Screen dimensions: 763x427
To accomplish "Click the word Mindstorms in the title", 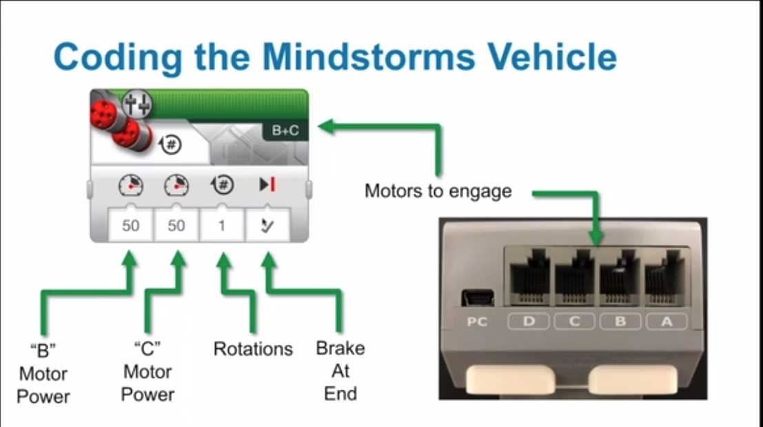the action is pos(369,57).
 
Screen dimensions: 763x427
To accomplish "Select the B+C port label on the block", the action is pos(285,130).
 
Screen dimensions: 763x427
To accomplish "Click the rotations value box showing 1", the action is pos(222,226).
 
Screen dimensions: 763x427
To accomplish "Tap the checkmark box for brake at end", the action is pos(267,226).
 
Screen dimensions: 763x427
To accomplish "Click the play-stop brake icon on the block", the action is pos(267,185).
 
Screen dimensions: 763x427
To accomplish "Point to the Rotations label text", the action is pos(253,349).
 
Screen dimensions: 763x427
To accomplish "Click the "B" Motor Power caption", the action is pos(43,373).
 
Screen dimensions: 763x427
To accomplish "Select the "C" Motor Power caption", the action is pos(147,372).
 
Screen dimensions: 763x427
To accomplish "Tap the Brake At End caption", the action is pos(340,371).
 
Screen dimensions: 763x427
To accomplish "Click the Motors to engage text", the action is pos(438,191).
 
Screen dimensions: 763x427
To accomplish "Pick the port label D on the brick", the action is pos(529,321).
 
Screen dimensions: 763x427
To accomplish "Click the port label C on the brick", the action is pos(574,321).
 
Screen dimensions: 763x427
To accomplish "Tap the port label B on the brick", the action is pos(620,321).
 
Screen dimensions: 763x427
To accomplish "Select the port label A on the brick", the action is pos(667,321).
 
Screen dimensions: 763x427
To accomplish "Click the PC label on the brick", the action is pos(477,322).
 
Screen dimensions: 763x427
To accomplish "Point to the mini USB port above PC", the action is pos(478,297).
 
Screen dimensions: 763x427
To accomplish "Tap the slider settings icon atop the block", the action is pos(136,104).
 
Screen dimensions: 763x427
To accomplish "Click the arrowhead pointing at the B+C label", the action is pos(327,127).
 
